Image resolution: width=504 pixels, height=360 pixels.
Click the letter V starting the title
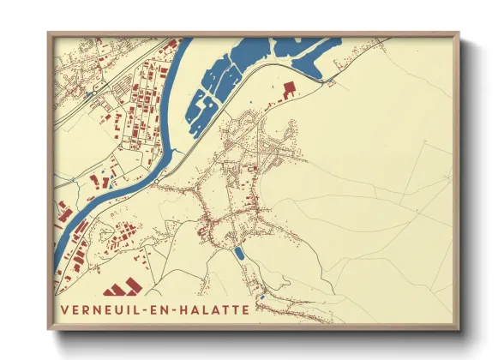click(x=64, y=309)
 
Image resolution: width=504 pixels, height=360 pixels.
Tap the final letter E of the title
click(x=247, y=309)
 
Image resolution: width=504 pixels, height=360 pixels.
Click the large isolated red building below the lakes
click(x=287, y=88)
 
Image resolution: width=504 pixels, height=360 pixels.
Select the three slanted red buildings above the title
click(x=122, y=286)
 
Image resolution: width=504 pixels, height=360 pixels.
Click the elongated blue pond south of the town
click(x=239, y=254)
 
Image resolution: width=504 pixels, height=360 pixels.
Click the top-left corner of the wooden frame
click(x=49, y=34)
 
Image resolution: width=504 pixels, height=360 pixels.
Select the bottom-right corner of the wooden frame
click(x=458, y=329)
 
